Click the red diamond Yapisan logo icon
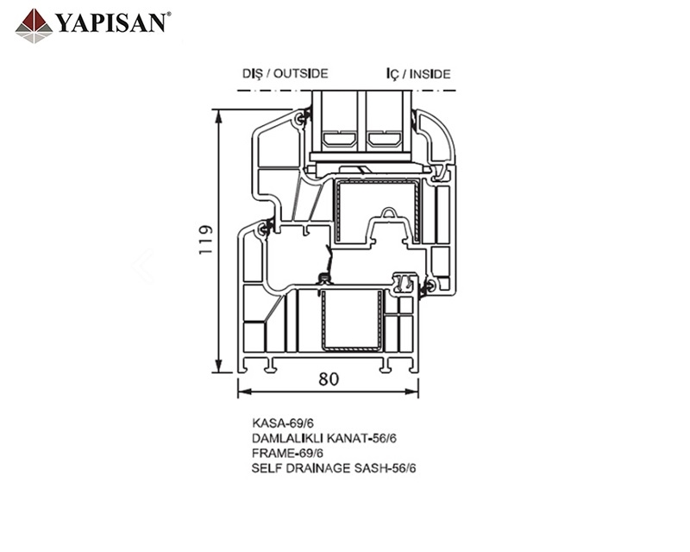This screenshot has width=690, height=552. pos(34,26)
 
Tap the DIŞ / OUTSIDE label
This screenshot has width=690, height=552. pos(285,73)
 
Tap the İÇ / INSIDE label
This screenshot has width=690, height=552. pos(418,74)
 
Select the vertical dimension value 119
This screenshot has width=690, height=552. pos(206,240)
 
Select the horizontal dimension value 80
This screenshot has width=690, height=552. pos(329,379)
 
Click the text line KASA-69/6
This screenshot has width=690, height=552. pos(283,423)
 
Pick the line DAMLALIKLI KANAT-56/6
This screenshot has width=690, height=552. pos(324,438)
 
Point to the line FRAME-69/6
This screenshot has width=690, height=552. pos(288,453)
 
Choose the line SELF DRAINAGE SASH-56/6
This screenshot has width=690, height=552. pos(334,468)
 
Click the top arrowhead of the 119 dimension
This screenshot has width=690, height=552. pos(218,116)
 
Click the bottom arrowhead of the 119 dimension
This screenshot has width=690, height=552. pos(218,366)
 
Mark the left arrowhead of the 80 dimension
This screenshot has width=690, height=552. pos(245,392)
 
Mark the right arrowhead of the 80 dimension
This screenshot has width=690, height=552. pos(411,392)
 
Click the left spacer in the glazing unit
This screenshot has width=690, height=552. pos(339,140)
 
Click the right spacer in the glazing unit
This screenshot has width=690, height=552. pos(385,140)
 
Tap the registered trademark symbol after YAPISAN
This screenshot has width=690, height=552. pos(169,15)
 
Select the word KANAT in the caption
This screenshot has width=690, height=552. pos(350,438)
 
